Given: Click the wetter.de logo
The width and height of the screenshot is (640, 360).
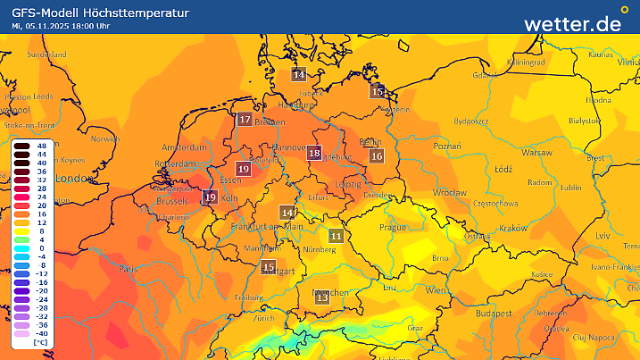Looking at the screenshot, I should [572, 23].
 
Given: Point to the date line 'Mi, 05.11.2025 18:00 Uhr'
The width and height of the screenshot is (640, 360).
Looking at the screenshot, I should [60, 26].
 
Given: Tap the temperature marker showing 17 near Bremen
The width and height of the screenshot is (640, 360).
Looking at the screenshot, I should [245, 119].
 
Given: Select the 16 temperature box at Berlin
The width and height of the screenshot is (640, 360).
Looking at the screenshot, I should [377, 156].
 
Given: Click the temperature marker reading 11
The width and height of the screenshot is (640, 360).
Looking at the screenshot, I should [336, 236].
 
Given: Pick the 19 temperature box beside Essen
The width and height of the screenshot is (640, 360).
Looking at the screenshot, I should [244, 168].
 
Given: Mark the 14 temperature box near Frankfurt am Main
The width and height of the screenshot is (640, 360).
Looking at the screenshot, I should [287, 213].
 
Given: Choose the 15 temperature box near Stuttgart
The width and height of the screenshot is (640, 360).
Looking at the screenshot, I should [269, 267].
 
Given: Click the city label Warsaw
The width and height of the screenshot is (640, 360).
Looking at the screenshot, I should [536, 153].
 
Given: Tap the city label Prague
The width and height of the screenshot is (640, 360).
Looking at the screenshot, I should [393, 227].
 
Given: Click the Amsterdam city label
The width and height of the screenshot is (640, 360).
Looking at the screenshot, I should [185, 146].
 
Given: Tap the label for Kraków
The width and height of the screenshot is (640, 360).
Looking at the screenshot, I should [512, 228].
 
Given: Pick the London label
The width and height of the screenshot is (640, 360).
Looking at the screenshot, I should [74, 179].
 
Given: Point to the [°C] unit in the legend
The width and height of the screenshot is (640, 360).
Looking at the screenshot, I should [40, 342].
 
